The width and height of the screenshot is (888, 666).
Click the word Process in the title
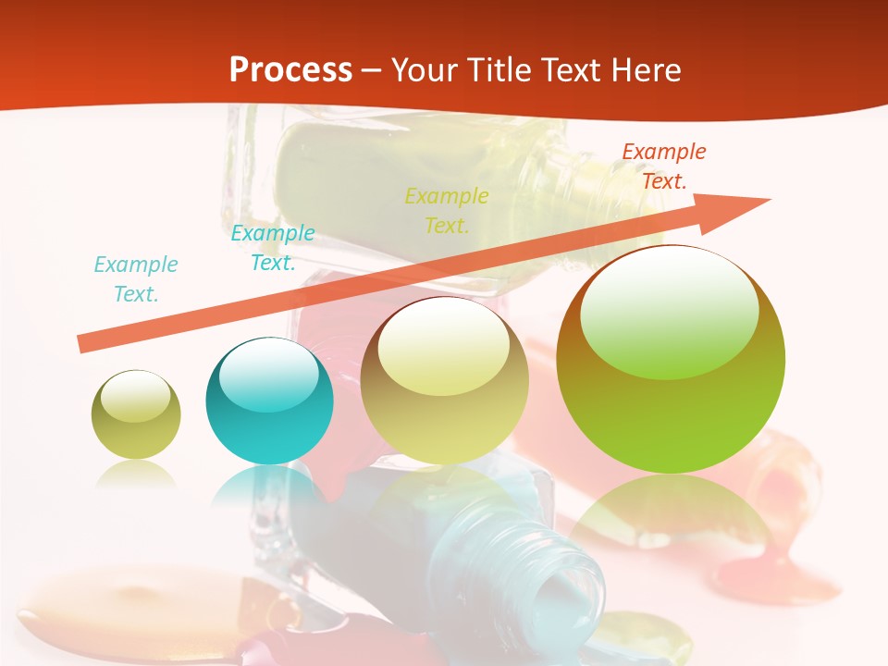tap(290, 69)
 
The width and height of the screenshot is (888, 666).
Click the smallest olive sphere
tap(136, 414)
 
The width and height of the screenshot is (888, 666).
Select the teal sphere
tap(269, 401)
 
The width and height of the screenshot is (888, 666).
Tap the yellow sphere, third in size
tap(444, 380)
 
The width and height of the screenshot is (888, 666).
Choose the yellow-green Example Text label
tap(447, 210)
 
